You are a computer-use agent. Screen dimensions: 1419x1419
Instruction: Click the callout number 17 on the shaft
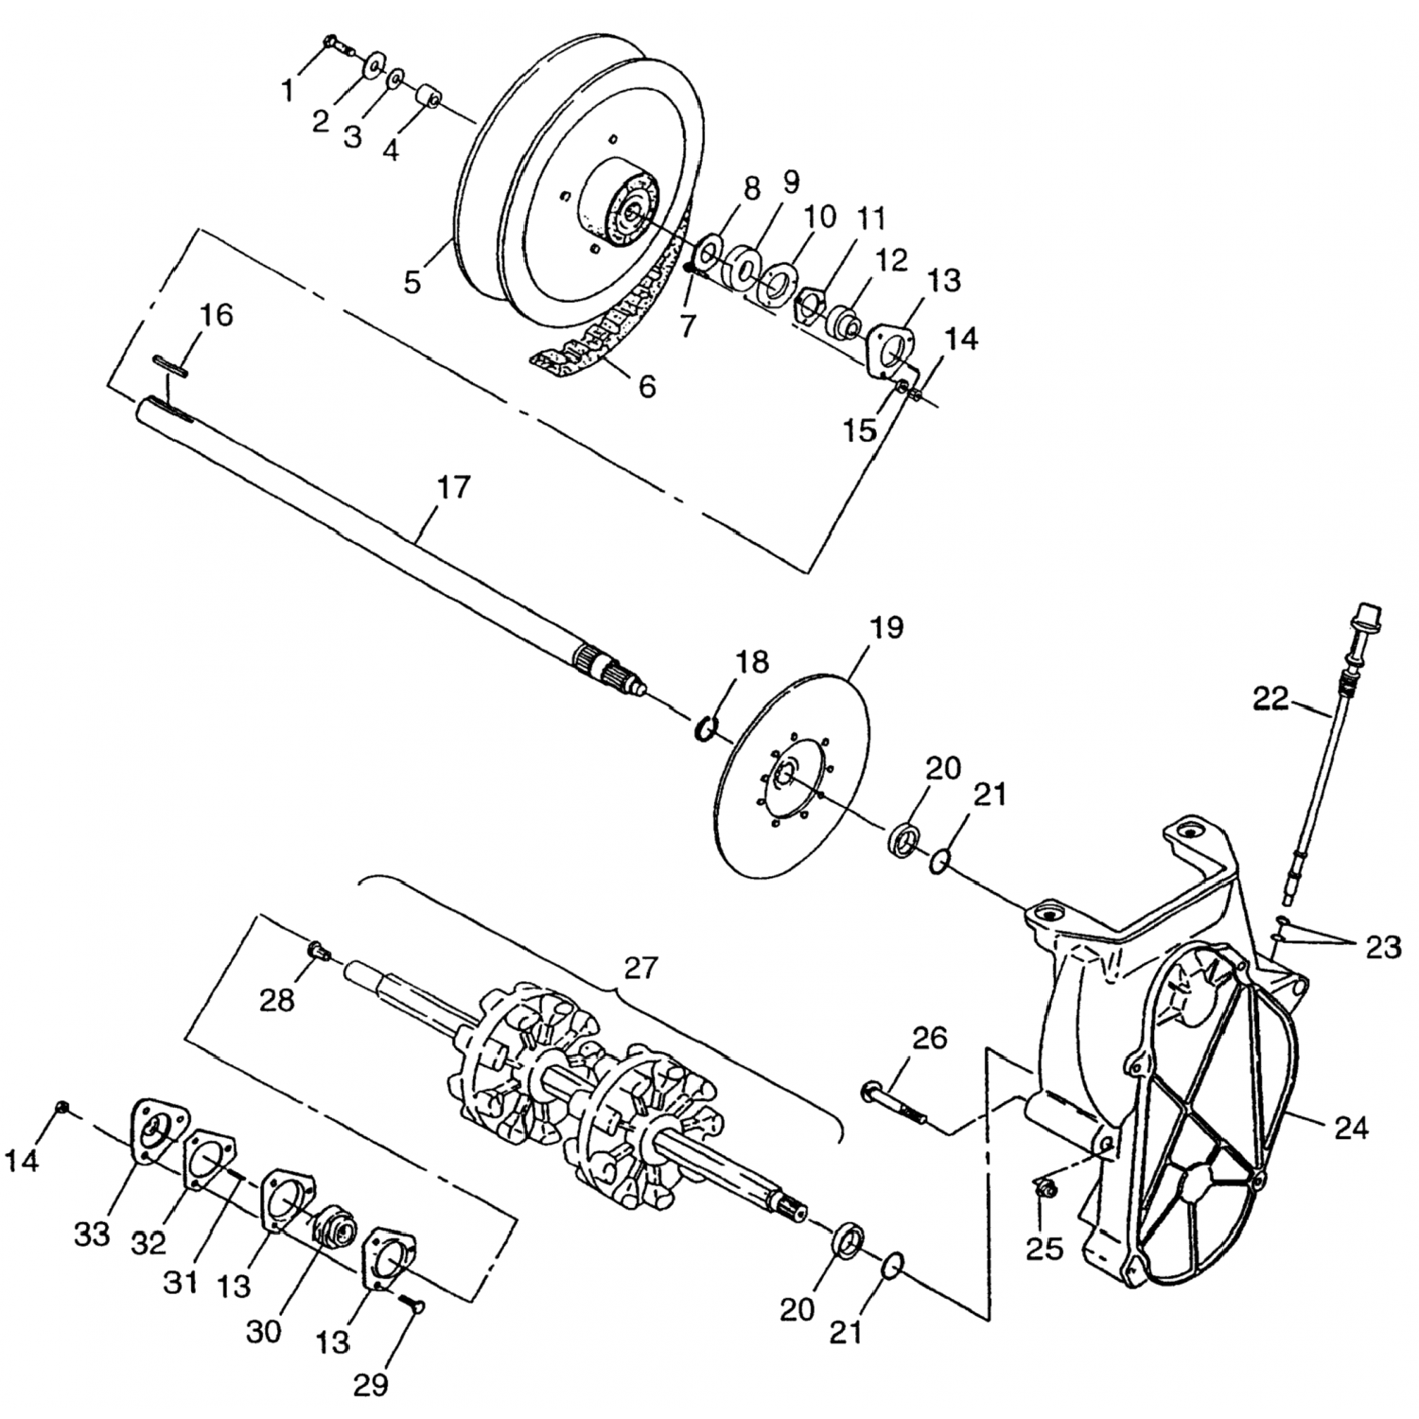(453, 488)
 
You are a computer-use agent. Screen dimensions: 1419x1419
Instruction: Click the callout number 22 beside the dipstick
(1270, 700)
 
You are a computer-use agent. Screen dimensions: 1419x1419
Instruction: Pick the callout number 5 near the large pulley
(412, 281)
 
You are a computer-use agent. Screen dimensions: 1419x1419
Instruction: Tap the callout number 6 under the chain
(647, 386)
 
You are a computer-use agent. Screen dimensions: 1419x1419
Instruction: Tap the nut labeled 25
(1043, 1187)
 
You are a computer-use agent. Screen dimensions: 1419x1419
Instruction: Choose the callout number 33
(93, 1233)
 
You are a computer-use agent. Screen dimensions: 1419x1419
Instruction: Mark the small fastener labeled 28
(318, 950)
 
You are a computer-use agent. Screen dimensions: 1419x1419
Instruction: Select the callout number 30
(264, 1330)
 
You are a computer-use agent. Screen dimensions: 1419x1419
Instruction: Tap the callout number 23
(1382, 947)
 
